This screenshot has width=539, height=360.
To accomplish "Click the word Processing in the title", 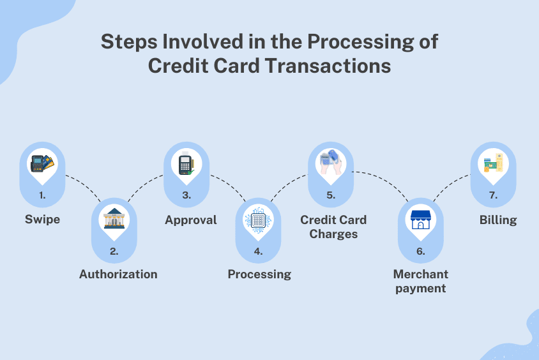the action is pos(361,42).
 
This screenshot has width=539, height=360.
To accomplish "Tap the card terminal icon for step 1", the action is pos(42,163).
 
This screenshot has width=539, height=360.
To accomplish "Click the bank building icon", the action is pos(114,218).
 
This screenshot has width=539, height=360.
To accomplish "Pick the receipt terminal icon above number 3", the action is pos(186,163).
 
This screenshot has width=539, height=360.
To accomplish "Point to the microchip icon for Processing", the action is pos(258,220).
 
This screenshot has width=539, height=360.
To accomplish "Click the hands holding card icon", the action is pos(331,161).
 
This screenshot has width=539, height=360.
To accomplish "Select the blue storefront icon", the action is pos(420,220).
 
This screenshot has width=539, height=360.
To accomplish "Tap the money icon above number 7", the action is pos(493,163).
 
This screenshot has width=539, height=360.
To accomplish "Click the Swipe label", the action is pos(42,220).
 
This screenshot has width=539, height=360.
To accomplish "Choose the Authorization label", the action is pos(118,274).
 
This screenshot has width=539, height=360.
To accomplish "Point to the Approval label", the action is pos(191,220).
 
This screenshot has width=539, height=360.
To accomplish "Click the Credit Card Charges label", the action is pos(333,227).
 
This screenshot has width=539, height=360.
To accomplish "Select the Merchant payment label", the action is pos(421,281).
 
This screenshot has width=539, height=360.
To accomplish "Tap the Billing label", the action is pos(498,220).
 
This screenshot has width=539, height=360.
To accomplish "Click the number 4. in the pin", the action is pos(258,251).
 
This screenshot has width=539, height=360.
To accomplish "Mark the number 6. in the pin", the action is pos(421,251).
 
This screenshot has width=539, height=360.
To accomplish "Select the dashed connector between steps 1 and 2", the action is pos(84,186).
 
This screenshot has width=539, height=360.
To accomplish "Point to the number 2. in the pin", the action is pos(114,251).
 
